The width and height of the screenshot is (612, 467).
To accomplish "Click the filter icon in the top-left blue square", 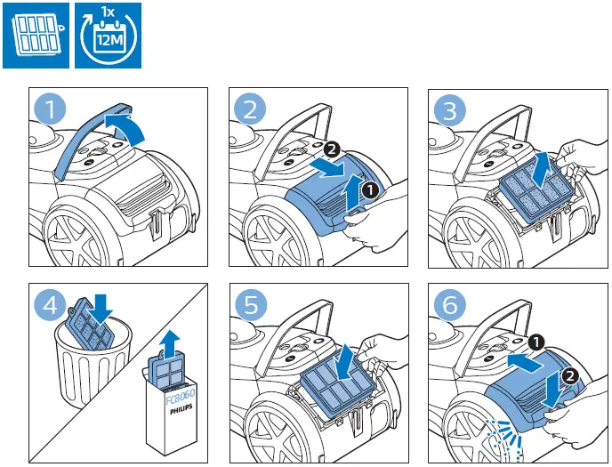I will pos(36,36).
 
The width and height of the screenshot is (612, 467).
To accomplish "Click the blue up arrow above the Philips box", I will pos(170,340).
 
